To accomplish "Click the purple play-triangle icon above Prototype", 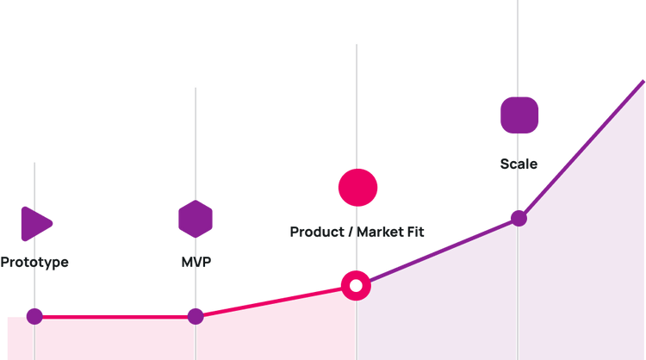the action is coord(36,224).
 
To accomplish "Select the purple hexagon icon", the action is coord(196,219).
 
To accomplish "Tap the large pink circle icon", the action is coord(357,188).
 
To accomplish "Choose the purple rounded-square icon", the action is coord(519,115).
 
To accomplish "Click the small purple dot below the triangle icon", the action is coord(34,315).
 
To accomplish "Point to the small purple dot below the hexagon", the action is coord(196,315).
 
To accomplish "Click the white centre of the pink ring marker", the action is coord(356,285).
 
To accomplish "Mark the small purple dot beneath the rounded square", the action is coord(517,217).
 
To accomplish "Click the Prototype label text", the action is coord(34,262).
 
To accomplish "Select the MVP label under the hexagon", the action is coord(196,260).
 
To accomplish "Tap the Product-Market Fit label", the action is coord(357,231).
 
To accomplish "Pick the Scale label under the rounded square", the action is coord(519,164).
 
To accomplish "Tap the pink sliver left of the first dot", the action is coord(15,338).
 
